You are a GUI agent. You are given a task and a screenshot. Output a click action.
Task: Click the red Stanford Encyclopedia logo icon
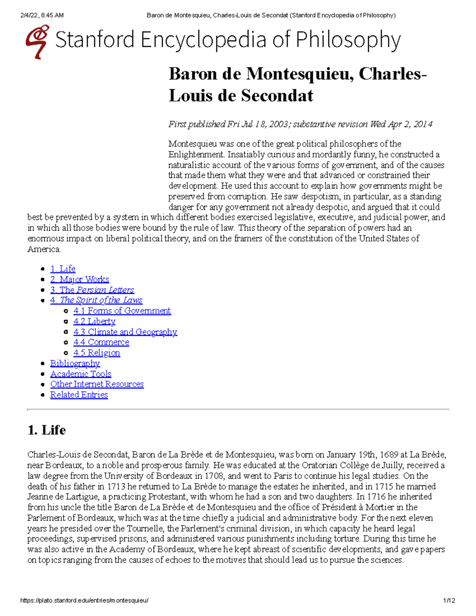point(37,41)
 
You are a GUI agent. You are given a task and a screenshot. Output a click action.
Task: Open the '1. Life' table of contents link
point(63,269)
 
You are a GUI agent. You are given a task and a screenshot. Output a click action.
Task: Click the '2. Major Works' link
point(79,279)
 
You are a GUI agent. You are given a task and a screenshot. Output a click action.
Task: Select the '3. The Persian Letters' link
point(92,290)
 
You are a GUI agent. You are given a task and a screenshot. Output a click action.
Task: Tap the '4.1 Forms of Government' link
point(122,311)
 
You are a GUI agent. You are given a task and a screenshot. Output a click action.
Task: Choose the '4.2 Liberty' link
point(94,321)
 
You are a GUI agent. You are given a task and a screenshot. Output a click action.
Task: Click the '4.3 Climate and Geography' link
point(125,332)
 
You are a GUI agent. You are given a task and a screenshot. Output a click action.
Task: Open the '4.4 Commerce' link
point(101,342)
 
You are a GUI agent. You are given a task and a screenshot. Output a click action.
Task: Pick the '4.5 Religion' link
point(96,353)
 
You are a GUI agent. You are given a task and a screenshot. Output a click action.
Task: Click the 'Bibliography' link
point(75,363)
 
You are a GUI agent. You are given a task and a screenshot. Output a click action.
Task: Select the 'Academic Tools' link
point(81,374)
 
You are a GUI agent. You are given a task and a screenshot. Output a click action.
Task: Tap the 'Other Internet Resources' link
point(97,384)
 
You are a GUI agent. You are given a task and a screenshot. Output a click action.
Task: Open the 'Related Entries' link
point(79,395)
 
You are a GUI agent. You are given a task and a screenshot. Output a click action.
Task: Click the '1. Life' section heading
point(46,430)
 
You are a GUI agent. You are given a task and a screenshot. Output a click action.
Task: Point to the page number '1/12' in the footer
point(449,601)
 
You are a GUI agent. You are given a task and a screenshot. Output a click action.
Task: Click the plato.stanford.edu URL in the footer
point(84,601)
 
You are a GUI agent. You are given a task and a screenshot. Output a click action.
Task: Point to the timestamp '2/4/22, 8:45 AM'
point(42,15)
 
